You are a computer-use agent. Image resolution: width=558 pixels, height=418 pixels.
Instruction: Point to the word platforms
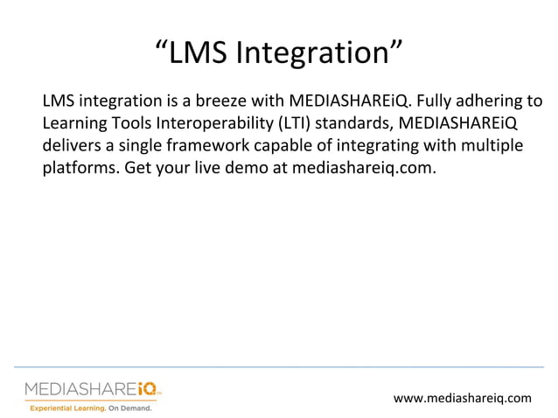77,167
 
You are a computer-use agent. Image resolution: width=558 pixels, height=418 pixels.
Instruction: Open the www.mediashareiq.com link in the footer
462,398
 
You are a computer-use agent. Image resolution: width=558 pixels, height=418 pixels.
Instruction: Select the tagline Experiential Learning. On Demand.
91,408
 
